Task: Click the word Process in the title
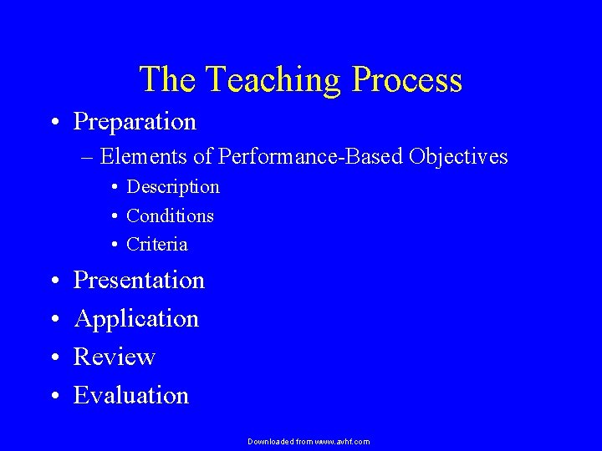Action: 407,80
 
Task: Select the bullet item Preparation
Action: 135,122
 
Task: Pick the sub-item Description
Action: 172,187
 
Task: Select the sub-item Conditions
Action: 170,216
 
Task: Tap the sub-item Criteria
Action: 157,245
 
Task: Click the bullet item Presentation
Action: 139,281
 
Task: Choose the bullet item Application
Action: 136,319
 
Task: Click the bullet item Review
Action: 115,357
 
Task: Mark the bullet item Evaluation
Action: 131,395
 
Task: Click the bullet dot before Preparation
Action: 53,123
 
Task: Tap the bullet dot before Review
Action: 53,358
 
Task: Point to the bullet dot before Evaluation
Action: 53,396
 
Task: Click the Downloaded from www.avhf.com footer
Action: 309,441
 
